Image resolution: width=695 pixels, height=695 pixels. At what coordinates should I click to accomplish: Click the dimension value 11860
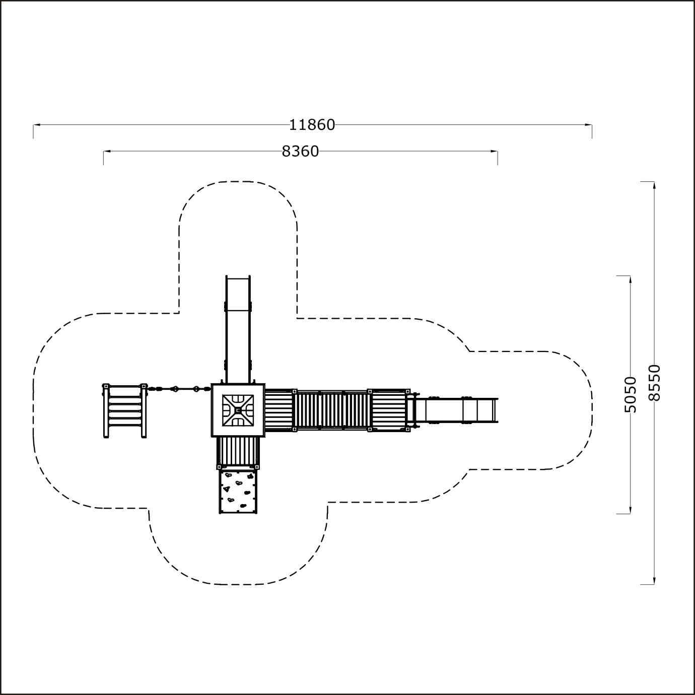coord(312,125)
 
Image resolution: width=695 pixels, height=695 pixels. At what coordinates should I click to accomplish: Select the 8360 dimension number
coord(300,152)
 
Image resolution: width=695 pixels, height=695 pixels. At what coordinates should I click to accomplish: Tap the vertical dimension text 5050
coord(630,394)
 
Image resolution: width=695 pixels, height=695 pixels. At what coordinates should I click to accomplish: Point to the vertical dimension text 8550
coord(654,383)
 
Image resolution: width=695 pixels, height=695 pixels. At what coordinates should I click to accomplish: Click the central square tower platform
coord(238,410)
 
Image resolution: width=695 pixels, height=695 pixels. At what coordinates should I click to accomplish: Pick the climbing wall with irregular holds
coord(238,491)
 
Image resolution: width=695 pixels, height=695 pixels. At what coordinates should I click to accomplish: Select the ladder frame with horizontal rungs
coord(125,411)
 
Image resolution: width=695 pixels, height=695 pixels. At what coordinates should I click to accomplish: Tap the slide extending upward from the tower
coord(238,329)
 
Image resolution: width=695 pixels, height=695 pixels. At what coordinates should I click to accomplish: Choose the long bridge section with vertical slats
coord(332,410)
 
